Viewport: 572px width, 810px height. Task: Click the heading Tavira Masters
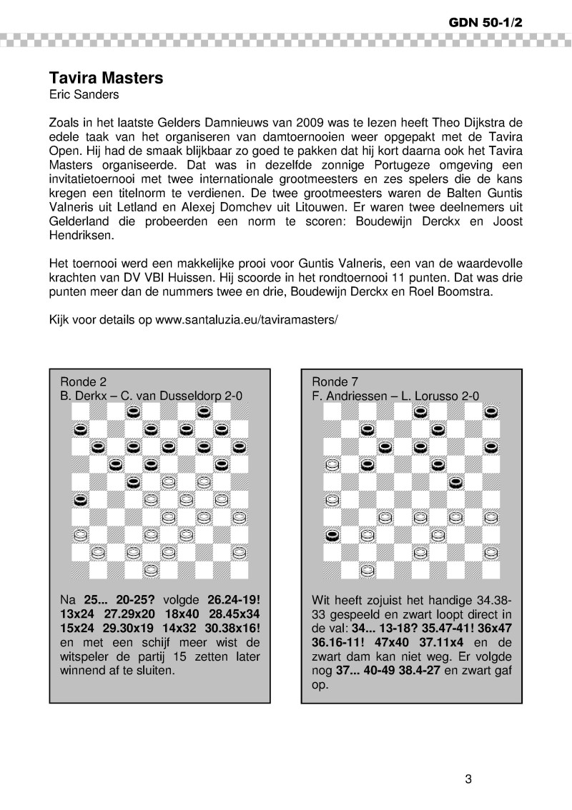pyautogui.click(x=106, y=78)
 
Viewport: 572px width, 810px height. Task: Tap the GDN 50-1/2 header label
pyautogui.click(x=486, y=23)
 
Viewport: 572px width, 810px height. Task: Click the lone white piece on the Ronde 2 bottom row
pyautogui.click(x=151, y=569)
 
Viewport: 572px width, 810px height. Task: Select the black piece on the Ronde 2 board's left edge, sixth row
pyautogui.click(x=80, y=499)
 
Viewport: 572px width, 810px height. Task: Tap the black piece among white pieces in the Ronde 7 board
pyautogui.click(x=331, y=534)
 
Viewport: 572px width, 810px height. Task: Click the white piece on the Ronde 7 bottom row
pyautogui.click(x=368, y=569)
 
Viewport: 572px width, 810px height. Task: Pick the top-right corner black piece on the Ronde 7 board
pyautogui.click(x=491, y=411)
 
